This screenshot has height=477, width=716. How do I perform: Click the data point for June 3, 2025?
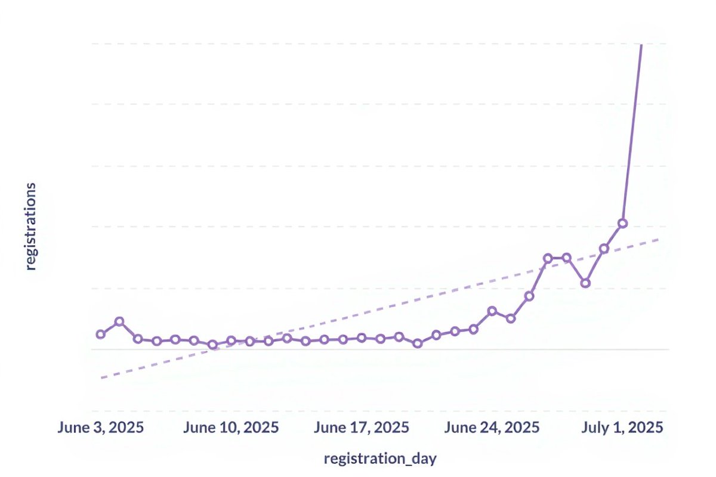point(100,334)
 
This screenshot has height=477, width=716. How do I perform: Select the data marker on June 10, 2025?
point(231,340)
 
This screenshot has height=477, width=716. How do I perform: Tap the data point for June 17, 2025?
point(362,337)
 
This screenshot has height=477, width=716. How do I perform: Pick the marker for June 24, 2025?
point(492,311)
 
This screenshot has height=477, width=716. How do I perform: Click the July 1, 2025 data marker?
point(622,223)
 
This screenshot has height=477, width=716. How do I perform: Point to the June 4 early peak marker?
point(119,321)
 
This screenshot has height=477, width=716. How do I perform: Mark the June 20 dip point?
point(418,343)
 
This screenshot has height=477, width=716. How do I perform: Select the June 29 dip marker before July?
point(585,283)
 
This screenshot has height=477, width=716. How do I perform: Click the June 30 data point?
point(604,248)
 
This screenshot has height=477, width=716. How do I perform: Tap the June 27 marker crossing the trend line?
point(548,258)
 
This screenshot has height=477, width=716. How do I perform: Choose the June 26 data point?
point(529,296)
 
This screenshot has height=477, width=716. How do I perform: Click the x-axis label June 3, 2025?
point(100,428)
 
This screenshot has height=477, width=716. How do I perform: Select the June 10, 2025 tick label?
point(231,428)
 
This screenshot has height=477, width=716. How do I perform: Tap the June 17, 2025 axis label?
point(362,428)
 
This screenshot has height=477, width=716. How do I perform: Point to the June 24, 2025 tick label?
point(492,428)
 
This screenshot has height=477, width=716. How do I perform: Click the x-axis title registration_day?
point(380,459)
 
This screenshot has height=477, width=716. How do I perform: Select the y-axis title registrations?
point(31,227)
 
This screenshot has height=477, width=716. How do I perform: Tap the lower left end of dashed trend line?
point(101,378)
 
